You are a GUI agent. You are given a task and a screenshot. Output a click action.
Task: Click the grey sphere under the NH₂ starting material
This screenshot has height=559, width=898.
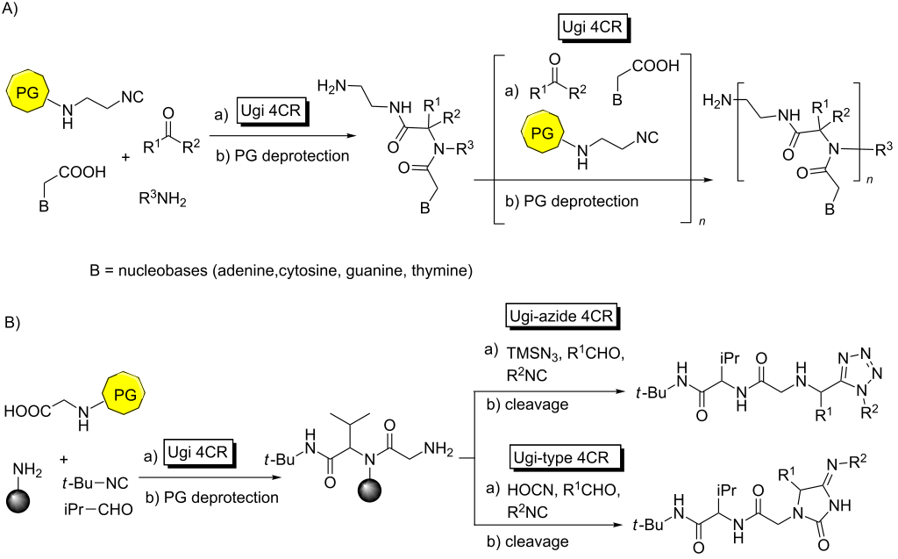click(24, 504)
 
